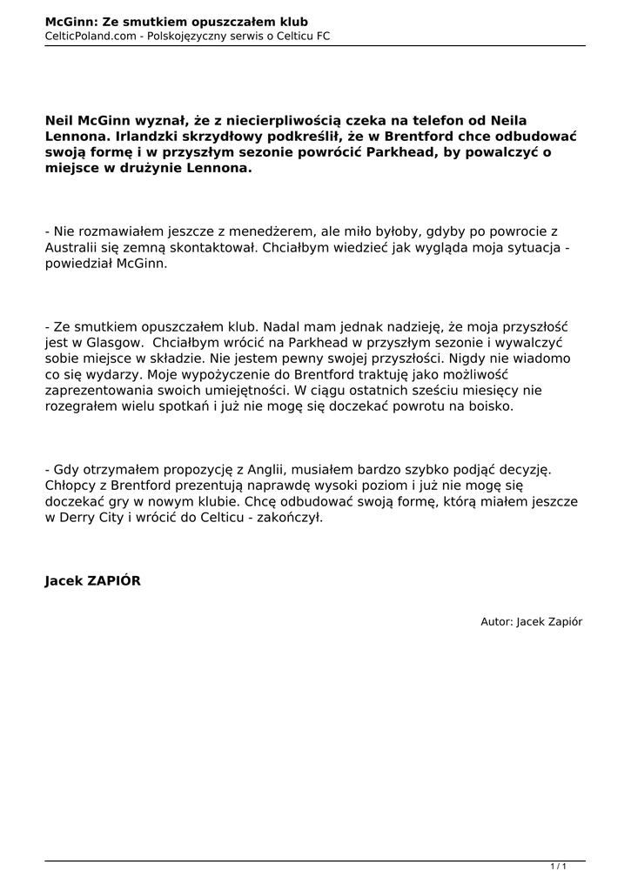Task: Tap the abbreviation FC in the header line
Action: point(322,36)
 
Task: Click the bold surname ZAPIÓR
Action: point(112,581)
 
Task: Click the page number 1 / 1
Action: point(559,867)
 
